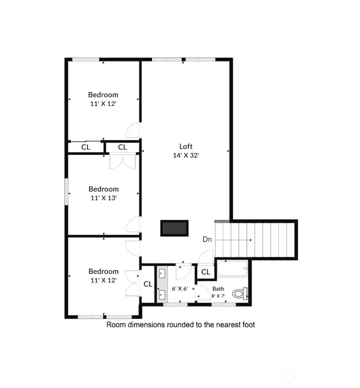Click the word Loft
tap(186, 146)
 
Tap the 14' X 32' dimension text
tap(186, 155)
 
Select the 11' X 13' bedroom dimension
tap(103, 197)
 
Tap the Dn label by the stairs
tap(207, 239)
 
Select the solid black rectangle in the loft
tap(174, 228)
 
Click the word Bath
tap(218, 289)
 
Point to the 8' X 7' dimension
tap(218, 296)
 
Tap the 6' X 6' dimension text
tap(180, 288)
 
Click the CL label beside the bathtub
tap(205, 272)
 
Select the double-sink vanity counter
tap(162, 285)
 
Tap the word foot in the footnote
tap(247, 324)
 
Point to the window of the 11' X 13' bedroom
tap(66, 190)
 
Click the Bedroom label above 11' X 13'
tap(103, 189)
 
